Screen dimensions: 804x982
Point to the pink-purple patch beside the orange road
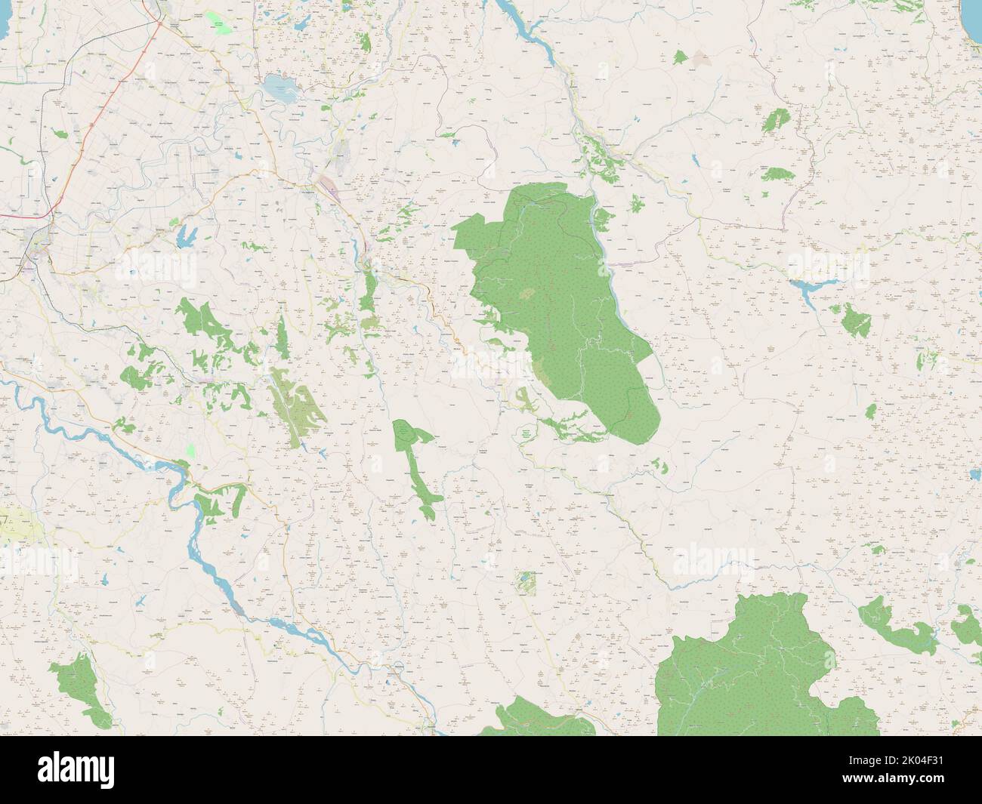pos(330,185)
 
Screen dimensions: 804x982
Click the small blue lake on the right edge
pos(974,476)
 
